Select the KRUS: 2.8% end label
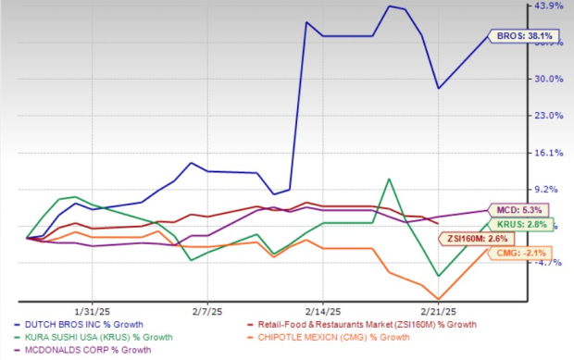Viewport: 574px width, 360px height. coord(530,225)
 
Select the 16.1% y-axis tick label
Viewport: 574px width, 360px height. coord(551,153)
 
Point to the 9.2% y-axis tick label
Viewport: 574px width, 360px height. coord(551,189)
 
